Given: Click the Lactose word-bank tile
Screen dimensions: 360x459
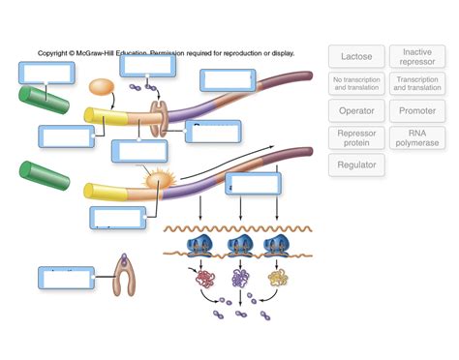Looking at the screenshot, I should click(356, 56).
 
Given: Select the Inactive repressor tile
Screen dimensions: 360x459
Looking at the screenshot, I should click(417, 56).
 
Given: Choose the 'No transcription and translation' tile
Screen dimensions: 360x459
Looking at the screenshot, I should click(356, 83).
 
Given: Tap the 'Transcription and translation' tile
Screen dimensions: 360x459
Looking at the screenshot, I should click(417, 83).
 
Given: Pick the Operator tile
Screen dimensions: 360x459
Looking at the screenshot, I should click(356, 110).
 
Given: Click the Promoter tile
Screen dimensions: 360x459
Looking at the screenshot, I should click(417, 110).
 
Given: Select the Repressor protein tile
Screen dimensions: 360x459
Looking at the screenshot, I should click(356, 137).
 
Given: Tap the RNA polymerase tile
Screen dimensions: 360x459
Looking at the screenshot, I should click(417, 137).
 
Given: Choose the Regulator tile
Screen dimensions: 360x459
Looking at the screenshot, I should click(356, 165).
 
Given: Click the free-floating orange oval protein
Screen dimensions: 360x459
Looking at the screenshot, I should click(102, 87).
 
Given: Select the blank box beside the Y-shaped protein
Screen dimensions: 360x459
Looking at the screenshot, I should click(66, 278).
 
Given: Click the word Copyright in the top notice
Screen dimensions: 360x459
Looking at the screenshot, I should click(55, 53).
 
